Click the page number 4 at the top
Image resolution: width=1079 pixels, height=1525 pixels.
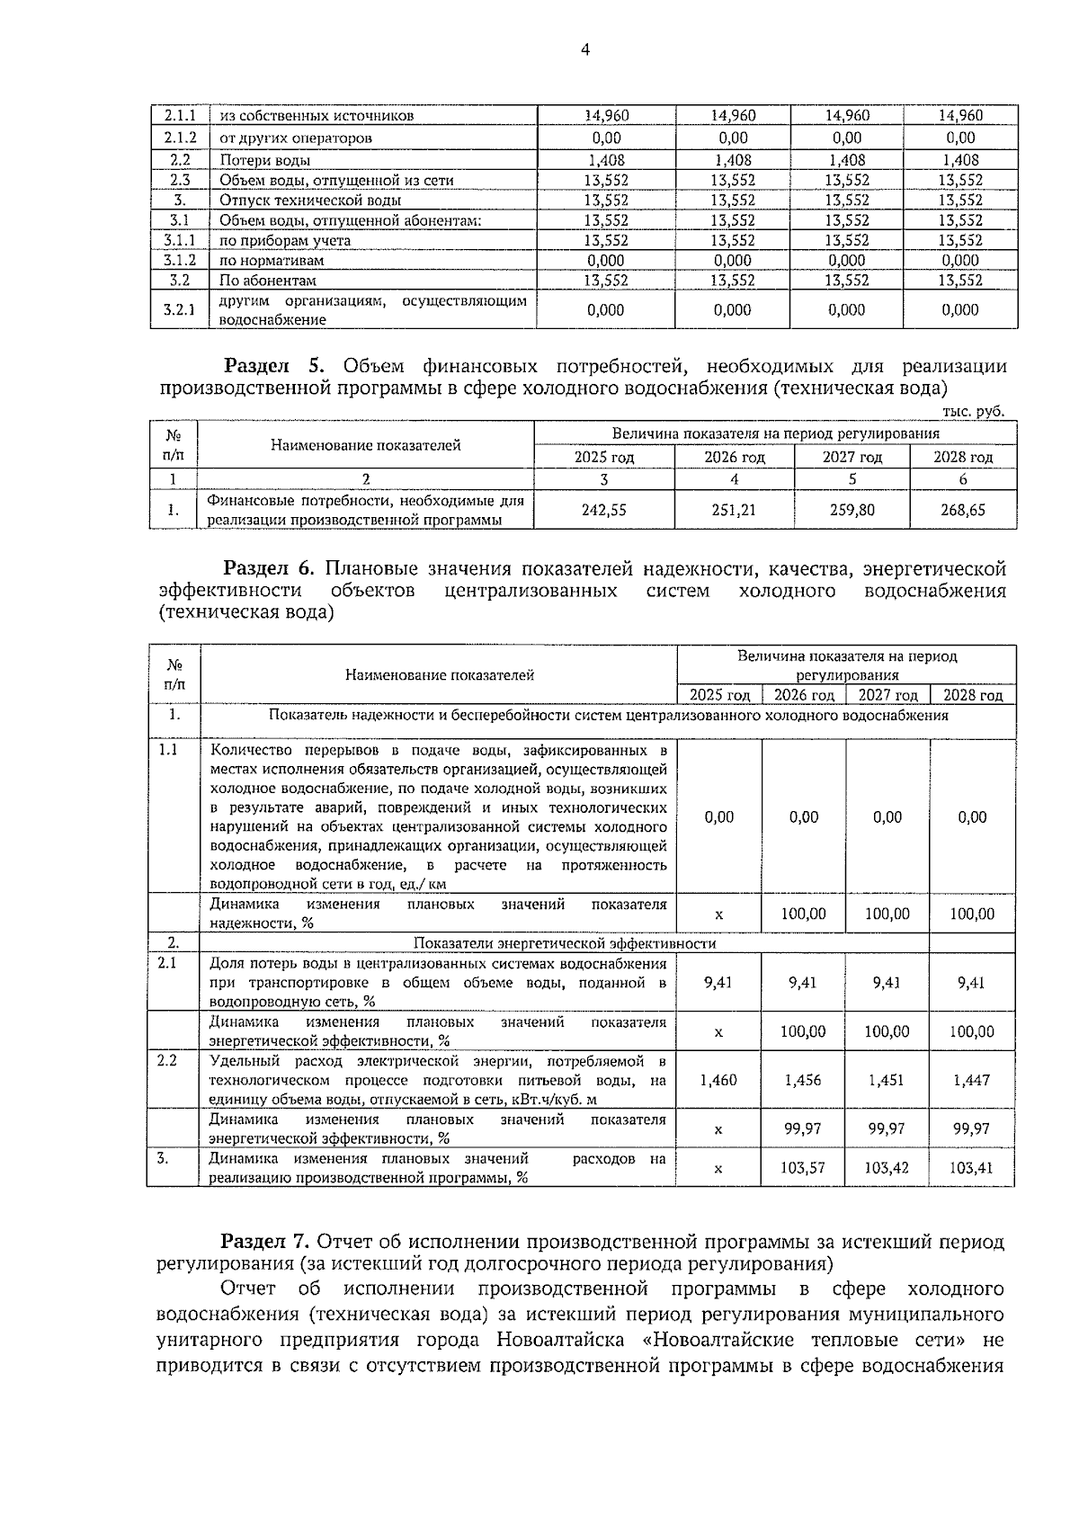584,50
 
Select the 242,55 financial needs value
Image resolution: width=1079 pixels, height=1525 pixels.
604,510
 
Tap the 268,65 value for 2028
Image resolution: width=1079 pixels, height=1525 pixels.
962,510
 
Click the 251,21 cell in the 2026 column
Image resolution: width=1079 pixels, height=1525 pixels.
734,510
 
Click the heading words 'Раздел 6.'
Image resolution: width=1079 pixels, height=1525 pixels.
269,568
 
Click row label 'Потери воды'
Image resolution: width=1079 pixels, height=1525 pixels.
265,160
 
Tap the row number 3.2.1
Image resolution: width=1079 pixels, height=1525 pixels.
179,310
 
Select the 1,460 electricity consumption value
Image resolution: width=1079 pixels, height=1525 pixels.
718,1080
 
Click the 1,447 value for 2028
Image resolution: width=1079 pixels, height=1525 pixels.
971,1080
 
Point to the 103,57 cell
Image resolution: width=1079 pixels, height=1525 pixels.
803,1168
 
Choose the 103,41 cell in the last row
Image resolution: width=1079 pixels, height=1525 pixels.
971,1168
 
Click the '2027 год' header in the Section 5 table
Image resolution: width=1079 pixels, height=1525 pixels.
852,458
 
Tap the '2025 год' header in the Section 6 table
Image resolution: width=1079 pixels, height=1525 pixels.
719,695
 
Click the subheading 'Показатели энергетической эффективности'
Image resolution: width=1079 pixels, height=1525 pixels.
565,943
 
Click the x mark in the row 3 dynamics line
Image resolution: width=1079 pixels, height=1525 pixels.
718,1169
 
